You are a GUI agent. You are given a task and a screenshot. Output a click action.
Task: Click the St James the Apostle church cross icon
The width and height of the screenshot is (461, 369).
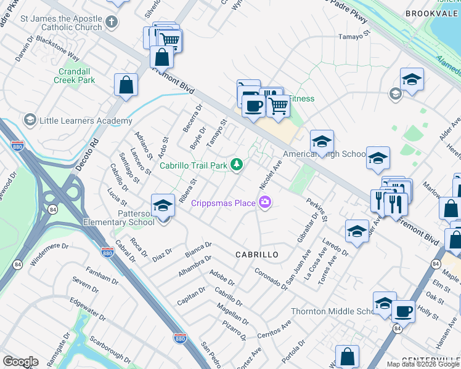point(111,23)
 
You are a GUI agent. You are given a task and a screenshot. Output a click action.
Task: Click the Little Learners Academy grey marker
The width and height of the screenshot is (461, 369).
point(29,119)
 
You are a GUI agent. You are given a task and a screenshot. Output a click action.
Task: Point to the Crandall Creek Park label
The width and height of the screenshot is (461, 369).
point(74,76)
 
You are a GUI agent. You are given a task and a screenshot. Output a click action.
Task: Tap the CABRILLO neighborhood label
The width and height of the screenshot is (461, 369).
point(257,254)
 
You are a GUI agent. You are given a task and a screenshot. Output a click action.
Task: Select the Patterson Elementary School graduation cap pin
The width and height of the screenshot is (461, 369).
point(163,205)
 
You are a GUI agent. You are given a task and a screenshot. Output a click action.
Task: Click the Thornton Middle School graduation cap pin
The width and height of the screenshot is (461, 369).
point(385,303)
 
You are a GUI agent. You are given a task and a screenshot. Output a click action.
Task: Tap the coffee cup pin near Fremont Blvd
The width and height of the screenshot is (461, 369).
point(253,106)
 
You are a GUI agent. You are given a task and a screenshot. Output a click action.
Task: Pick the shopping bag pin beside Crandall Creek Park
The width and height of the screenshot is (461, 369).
point(126,85)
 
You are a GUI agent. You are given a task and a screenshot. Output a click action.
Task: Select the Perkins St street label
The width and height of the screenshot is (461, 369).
point(317,210)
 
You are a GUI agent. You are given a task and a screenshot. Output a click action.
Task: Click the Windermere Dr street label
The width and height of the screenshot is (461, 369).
point(47,251)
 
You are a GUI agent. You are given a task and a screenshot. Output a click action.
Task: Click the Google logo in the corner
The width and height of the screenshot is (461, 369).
point(20,362)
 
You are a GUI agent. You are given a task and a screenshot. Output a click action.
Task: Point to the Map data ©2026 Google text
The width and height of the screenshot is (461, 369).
point(423,364)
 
